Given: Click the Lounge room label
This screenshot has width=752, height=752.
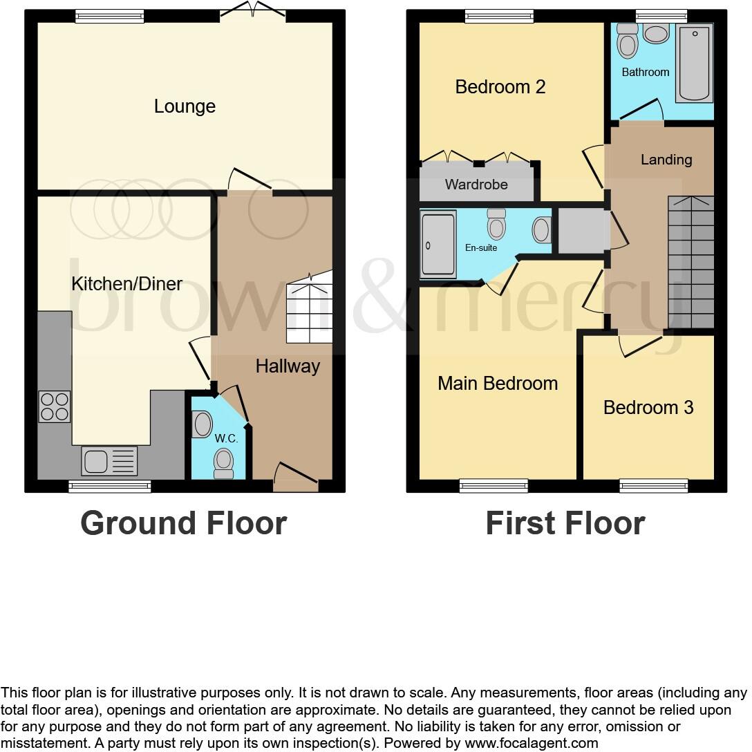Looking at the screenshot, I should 185,106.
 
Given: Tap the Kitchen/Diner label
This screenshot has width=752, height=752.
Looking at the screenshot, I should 127,283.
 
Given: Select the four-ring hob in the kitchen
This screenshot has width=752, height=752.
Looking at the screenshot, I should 54,406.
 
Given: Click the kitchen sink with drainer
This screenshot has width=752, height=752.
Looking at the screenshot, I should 110,461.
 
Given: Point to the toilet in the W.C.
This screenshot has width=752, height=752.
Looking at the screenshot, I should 224,462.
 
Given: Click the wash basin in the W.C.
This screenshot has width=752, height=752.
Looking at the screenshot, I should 202,424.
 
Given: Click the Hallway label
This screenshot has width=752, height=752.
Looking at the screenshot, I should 288,366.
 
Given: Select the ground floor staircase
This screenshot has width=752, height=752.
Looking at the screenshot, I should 309,308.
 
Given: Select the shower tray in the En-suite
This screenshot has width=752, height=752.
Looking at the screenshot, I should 438,245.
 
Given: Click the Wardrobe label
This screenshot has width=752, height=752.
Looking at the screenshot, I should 476,185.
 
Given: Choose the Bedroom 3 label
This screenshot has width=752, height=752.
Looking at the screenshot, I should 648,407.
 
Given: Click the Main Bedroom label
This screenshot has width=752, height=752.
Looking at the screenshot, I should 498,384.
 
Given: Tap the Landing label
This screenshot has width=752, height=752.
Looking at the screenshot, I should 666,160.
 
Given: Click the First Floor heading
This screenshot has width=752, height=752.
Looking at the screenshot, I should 565,523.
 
